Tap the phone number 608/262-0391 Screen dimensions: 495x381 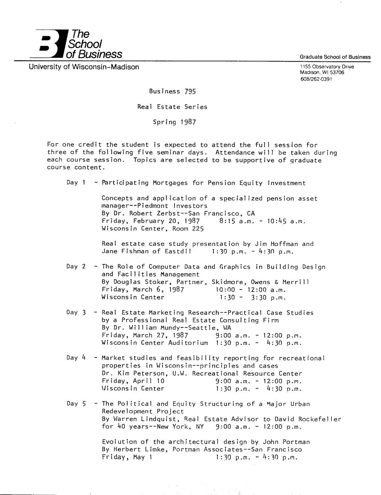pyautogui.click(x=316, y=79)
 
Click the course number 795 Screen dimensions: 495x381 pyautogui.click(x=190, y=91)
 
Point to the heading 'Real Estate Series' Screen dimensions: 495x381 pyautogui.click(x=172, y=107)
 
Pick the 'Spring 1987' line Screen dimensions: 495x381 pyautogui.click(x=175, y=122)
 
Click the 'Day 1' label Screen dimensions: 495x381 pyautogui.click(x=75, y=183)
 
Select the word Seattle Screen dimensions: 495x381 pyautogui.click(x=204, y=328)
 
